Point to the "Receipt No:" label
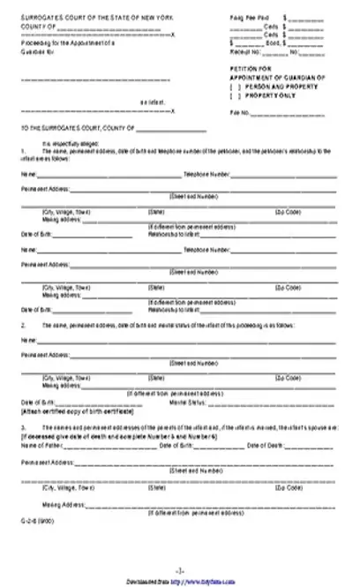tap(244, 50)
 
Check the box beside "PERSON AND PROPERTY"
tap(235, 87)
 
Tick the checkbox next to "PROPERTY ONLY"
tap(235, 95)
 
